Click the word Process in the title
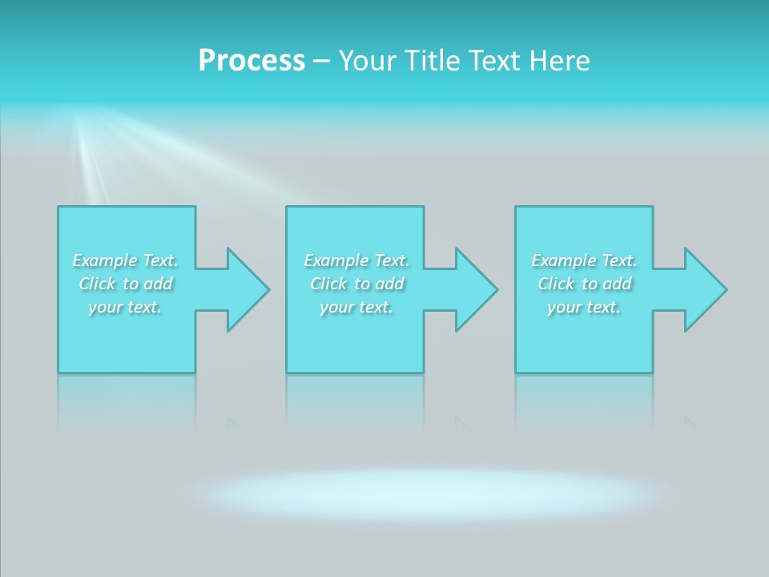pos(252,61)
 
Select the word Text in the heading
pos(494,61)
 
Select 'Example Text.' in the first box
pos(126,260)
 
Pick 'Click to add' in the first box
pos(126,284)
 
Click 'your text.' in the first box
pos(126,307)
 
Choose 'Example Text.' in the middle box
pos(356,260)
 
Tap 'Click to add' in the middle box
pos(356,284)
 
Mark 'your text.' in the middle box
pos(356,307)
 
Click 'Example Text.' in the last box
pos(584,260)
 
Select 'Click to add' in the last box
pos(584,284)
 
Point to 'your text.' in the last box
pos(584,307)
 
